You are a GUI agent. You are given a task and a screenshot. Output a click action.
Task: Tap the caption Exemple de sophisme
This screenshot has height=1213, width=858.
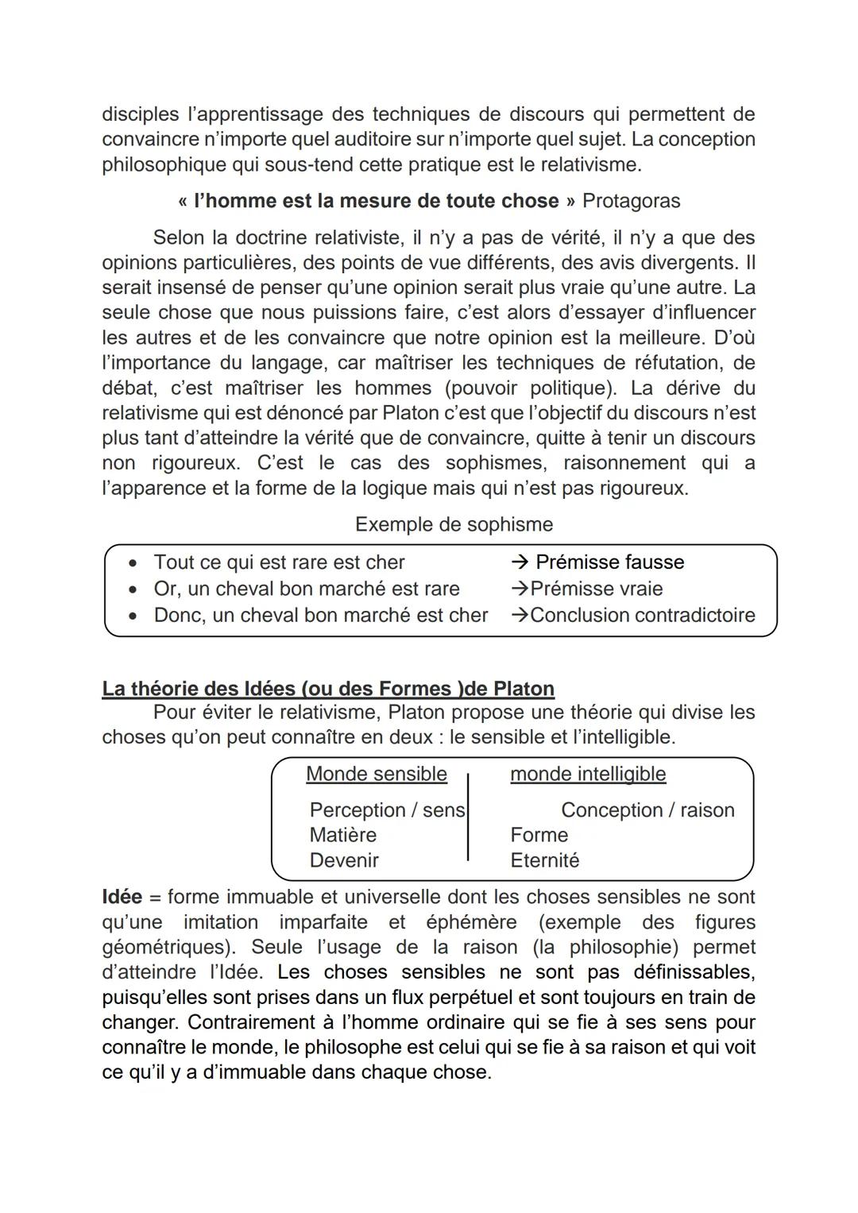[x=454, y=524]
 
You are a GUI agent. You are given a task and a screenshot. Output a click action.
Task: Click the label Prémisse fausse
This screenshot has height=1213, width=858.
[x=609, y=562]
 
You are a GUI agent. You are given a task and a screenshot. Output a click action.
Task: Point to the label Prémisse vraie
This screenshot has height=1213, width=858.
[x=596, y=589]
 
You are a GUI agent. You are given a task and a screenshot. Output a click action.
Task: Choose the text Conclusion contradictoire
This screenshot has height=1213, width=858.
[x=642, y=615]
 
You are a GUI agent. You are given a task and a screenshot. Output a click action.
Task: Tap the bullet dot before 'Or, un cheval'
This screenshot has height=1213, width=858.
[x=133, y=589]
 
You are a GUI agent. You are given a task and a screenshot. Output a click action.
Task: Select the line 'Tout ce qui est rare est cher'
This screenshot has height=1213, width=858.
[x=279, y=562]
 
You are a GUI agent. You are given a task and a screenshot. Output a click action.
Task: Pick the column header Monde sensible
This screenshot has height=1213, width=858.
[x=376, y=774]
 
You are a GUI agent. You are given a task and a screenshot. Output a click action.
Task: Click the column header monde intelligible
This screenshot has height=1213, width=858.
[x=588, y=774]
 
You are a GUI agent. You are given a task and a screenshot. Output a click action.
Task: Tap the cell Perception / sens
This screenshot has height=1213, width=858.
[x=387, y=810]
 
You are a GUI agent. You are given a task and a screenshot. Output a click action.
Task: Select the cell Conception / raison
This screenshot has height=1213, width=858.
[x=647, y=810]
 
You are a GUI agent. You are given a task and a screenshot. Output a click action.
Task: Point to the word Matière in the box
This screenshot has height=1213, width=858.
[x=342, y=835]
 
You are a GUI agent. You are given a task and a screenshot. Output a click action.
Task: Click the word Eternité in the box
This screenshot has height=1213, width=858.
[x=544, y=860]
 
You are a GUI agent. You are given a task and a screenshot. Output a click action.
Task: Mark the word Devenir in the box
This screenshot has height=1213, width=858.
[x=344, y=860]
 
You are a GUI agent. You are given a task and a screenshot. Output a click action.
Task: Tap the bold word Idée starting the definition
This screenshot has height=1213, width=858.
[x=122, y=897]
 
